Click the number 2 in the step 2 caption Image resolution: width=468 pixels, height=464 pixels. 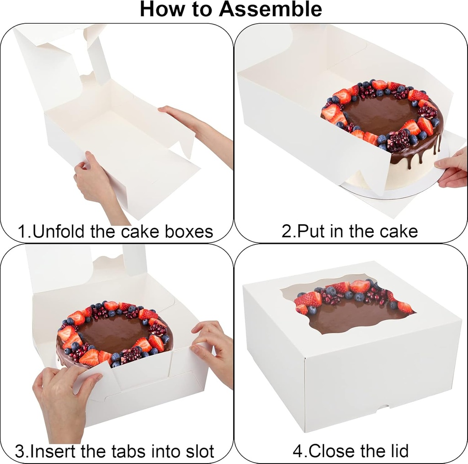(x=287, y=231)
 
